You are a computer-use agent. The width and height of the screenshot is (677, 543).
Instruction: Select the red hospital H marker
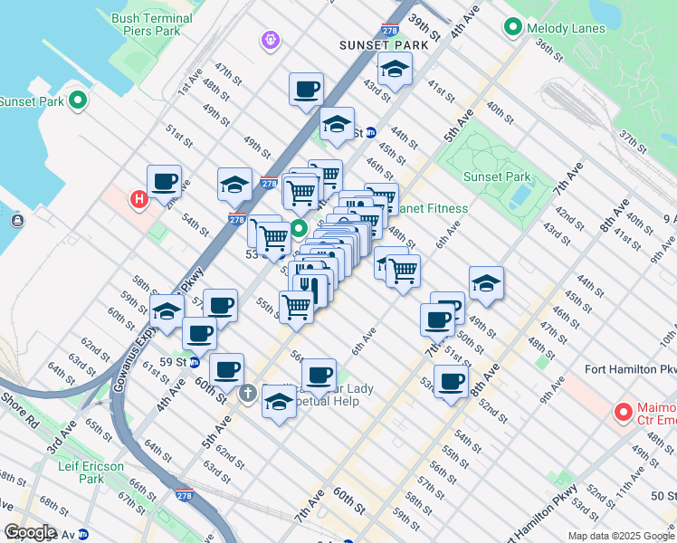point(138,199)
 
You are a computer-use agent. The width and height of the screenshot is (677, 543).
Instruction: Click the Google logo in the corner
point(30,532)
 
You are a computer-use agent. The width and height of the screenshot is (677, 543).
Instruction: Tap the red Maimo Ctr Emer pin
point(623,413)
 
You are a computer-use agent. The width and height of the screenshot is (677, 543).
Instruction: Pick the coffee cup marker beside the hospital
point(164,181)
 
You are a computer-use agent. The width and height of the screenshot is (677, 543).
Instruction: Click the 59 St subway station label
point(172,361)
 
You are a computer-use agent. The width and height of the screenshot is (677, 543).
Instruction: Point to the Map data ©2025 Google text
point(620,536)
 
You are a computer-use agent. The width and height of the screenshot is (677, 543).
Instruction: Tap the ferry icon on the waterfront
point(17,219)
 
